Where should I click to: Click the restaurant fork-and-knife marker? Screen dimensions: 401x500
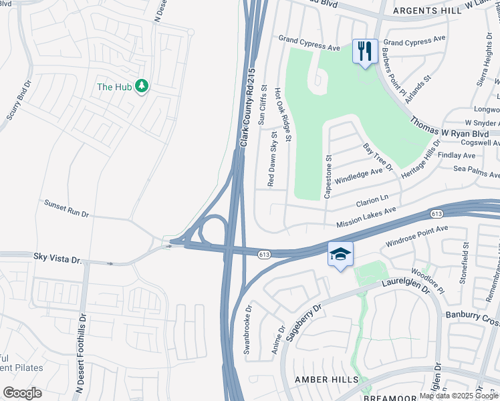click(364, 51)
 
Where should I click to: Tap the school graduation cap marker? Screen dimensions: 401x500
click(340, 255)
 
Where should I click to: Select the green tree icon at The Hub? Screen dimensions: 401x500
click(141, 86)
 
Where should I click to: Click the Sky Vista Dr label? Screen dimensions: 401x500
click(57, 256)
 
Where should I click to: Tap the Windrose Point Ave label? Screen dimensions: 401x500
click(416, 234)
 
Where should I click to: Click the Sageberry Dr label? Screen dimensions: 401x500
click(303, 321)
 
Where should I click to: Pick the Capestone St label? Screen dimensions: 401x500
click(328, 176)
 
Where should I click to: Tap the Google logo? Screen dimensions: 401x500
click(22, 393)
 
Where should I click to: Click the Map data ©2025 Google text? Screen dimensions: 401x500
click(459, 396)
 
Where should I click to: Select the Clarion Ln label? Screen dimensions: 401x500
click(372, 199)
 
